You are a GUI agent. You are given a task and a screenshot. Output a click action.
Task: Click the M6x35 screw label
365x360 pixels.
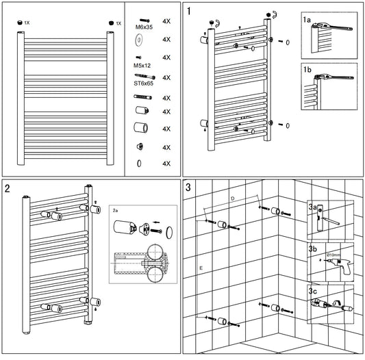click(144, 27)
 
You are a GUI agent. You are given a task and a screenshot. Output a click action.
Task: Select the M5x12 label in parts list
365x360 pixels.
click(142, 66)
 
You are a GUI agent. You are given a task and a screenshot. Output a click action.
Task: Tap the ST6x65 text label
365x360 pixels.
click(144, 83)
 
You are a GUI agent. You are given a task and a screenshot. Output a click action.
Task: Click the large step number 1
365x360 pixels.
click(189, 12)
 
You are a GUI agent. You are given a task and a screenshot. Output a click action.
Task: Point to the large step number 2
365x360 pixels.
click(8, 188)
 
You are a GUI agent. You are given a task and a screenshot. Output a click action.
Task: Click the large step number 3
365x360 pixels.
click(188, 188)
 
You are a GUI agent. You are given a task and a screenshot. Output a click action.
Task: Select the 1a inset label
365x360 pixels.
click(307, 20)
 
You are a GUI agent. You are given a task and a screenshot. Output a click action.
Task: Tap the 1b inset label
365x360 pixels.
click(307, 70)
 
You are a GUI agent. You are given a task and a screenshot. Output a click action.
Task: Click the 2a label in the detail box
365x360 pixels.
click(115, 211)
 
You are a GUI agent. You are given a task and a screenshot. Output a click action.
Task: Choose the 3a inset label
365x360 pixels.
click(313, 207)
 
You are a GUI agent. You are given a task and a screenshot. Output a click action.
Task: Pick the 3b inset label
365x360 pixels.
click(313, 248)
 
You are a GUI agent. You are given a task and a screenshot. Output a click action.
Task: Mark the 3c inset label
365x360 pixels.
click(313, 291)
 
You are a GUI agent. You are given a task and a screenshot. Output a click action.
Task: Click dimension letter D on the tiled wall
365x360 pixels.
click(233, 198)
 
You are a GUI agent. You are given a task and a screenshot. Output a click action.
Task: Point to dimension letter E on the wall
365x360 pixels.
click(201, 268)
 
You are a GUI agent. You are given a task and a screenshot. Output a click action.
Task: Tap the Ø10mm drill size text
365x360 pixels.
click(333, 255)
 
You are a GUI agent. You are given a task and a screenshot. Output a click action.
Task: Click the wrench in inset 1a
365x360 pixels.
click(332, 27)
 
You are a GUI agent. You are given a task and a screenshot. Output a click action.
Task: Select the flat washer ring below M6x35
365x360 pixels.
click(139, 40)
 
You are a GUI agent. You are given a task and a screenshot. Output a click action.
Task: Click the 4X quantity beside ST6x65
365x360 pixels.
click(166, 78)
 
